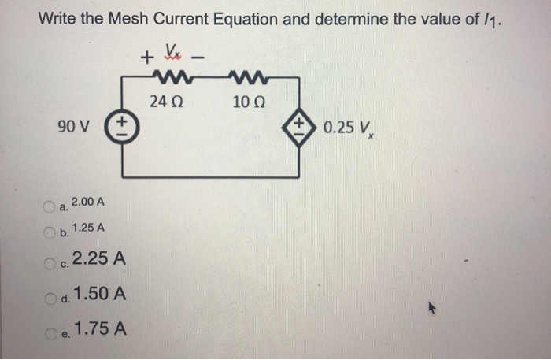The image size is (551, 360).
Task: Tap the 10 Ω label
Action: click(248, 101)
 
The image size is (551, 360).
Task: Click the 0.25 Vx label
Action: click(347, 127)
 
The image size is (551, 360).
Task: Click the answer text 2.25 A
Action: click(98, 258)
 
